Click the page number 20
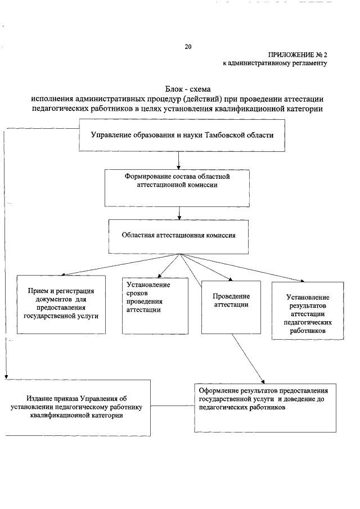pyautogui.click(x=188, y=47)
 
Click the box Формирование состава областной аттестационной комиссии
pyautogui.click(x=178, y=187)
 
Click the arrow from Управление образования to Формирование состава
pyautogui.click(x=178, y=160)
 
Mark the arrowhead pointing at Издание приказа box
pyautogui.click(x=6, y=376)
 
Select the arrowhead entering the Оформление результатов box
pyautogui.click(x=263, y=379)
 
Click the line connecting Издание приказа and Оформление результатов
pyautogui.click(x=172, y=406)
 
